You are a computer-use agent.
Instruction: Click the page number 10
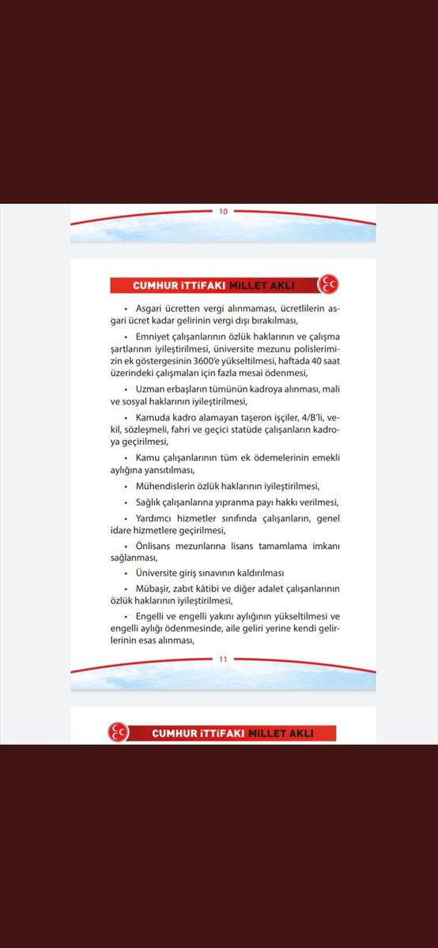[223, 211]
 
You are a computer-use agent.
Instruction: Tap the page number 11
[223, 660]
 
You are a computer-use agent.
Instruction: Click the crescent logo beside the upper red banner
[326, 284]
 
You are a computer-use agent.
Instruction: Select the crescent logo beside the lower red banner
[118, 733]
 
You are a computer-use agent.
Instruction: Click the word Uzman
[151, 390]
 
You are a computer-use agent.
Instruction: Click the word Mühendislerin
[171, 485]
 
